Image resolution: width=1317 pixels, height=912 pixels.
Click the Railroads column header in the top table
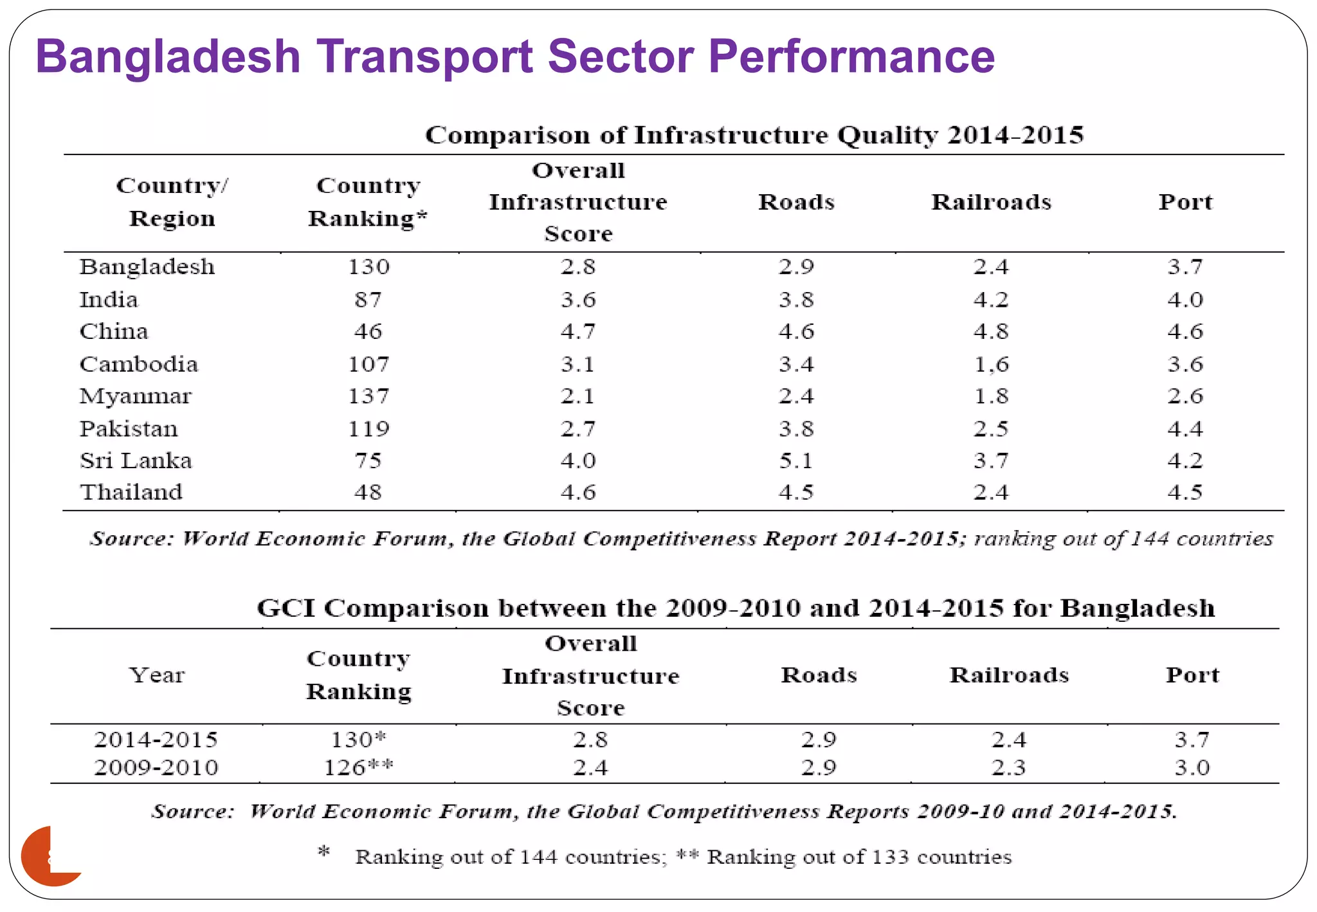(991, 202)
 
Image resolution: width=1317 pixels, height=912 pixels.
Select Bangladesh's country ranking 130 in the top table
(368, 267)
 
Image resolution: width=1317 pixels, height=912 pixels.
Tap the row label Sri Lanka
(136, 461)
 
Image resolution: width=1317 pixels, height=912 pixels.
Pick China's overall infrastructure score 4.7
(577, 332)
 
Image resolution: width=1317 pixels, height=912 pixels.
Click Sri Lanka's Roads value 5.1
(796, 461)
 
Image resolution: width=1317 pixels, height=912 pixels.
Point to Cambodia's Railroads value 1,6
(991, 365)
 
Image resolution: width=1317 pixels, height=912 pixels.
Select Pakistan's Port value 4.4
(1185, 428)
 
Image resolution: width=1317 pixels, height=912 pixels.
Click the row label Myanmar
(135, 396)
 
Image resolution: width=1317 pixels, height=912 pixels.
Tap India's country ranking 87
(368, 300)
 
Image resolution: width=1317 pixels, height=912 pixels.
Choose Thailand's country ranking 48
(368, 493)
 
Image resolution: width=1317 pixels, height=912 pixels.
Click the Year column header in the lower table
(156, 675)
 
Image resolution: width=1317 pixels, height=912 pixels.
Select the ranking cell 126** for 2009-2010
(358, 767)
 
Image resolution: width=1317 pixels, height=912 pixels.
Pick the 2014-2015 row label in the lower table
(156, 740)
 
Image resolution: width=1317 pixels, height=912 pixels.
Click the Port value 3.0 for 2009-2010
(1192, 767)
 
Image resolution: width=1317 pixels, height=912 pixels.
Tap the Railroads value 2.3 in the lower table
(1008, 767)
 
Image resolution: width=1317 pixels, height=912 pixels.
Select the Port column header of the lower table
(1192, 675)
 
